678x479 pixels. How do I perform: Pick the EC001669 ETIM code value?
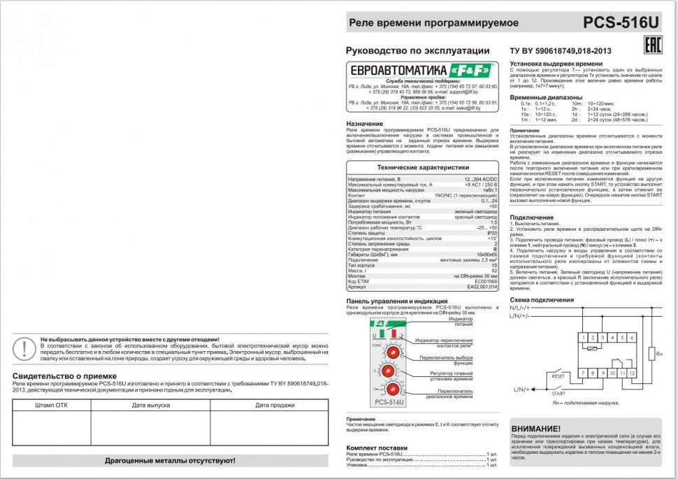tap(486, 280)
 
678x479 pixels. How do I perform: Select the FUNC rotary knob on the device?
tap(392, 352)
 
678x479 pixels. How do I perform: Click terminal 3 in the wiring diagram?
tap(602, 338)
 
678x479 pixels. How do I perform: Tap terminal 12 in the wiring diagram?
tap(631, 374)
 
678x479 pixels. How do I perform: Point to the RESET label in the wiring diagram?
tap(558, 376)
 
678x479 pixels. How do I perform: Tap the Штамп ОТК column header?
tap(52, 405)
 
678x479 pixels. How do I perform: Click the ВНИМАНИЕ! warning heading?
tap(535, 429)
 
